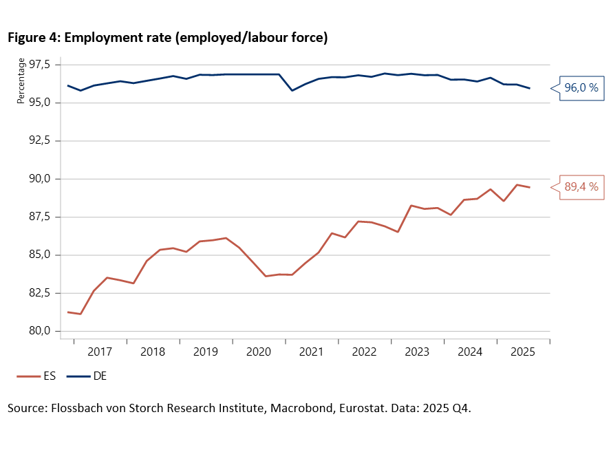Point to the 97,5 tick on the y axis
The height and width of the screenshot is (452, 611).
(x=40, y=65)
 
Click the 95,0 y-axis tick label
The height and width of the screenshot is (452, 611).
(x=40, y=103)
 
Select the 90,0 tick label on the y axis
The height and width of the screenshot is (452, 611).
(x=40, y=179)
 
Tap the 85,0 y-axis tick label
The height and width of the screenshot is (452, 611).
(x=40, y=255)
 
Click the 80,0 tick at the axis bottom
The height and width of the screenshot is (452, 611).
(x=40, y=331)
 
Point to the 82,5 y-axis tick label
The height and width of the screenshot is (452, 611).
(x=40, y=293)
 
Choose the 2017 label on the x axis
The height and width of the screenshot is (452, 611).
(x=100, y=352)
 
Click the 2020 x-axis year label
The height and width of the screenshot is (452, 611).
(x=259, y=352)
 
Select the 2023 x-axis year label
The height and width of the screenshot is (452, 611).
(x=418, y=352)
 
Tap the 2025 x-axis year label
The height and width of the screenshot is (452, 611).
(x=523, y=352)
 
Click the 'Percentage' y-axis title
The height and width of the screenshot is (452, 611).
(x=21, y=81)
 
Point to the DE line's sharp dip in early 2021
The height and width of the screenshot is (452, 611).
(x=292, y=90)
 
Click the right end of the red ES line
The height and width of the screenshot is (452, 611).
(x=529, y=187)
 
